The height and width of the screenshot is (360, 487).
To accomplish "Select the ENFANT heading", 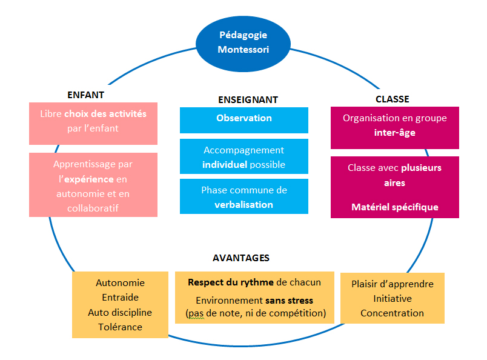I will tap(85, 95).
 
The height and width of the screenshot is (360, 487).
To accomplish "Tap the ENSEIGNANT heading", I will tap(248, 99).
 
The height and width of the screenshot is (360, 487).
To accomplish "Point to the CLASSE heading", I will tap(392, 99).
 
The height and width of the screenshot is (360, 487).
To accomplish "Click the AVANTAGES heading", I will tap(241, 258).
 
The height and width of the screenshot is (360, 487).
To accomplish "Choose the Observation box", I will tap(244, 119).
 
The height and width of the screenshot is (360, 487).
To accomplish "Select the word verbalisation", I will tap(243, 204).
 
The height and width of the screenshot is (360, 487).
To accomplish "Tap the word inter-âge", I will tap(395, 132).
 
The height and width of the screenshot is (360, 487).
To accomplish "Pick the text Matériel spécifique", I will tap(395, 207).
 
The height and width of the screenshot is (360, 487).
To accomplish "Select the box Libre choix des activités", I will tap(93, 121).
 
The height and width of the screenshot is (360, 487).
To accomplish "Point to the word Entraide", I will tap(120, 298).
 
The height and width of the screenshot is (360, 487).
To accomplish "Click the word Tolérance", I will tap(120, 327).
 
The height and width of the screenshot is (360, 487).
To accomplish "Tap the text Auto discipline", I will tap(120, 312).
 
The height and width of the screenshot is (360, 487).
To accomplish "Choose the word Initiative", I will tap(392, 298).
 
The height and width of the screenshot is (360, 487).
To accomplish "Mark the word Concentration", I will tap(392, 313).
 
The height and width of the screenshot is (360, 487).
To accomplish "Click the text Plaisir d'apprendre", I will tap(392, 284).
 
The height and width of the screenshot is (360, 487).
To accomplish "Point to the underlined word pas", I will tap(194, 313).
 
